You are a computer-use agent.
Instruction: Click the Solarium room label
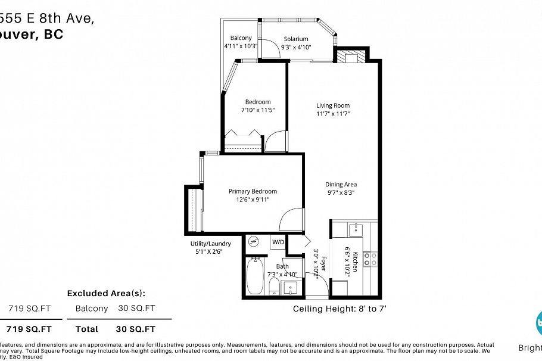296,39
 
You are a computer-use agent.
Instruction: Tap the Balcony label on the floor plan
241,39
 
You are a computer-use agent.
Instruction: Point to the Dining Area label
341,185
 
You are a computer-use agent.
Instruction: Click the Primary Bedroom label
253,191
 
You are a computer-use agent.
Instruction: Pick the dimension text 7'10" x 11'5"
257,110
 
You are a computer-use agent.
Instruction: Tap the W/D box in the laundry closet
278,242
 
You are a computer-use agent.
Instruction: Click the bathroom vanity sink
291,289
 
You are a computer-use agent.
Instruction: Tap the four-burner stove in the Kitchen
370,258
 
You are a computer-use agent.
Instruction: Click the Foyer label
323,266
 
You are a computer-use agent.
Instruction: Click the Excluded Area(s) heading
106,293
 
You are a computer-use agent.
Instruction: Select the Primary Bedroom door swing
291,219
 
